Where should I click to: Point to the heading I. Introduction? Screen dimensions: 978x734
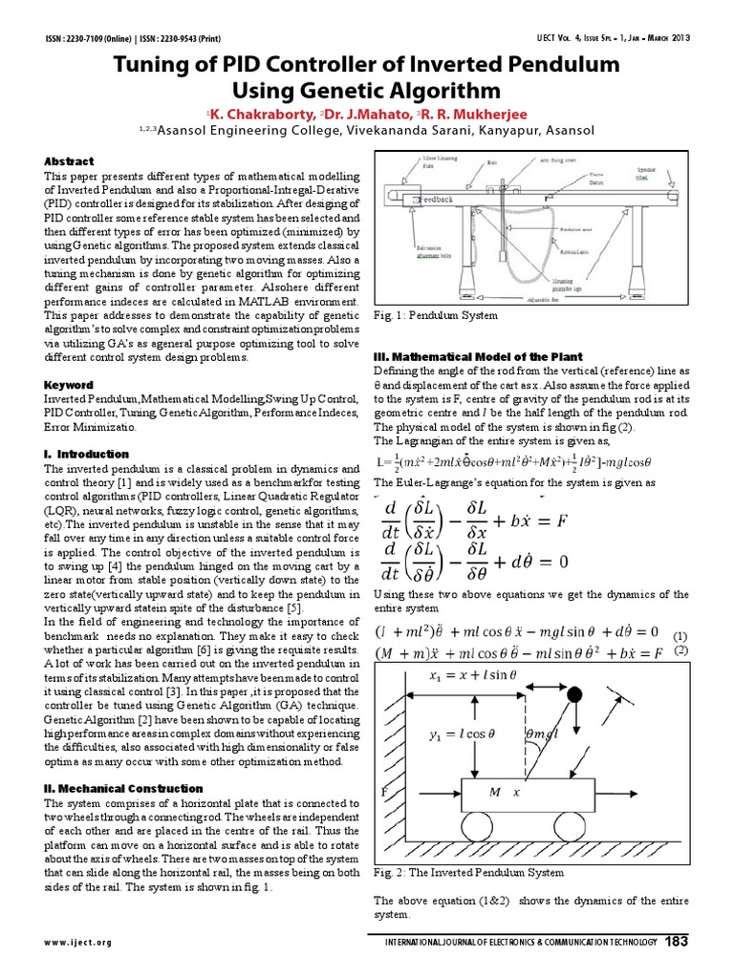87,454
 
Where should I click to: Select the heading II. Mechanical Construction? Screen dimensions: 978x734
124,789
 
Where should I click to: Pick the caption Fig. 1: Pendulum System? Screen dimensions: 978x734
436,314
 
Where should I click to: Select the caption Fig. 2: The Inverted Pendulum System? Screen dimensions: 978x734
468,872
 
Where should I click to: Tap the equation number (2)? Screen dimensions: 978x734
680,651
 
